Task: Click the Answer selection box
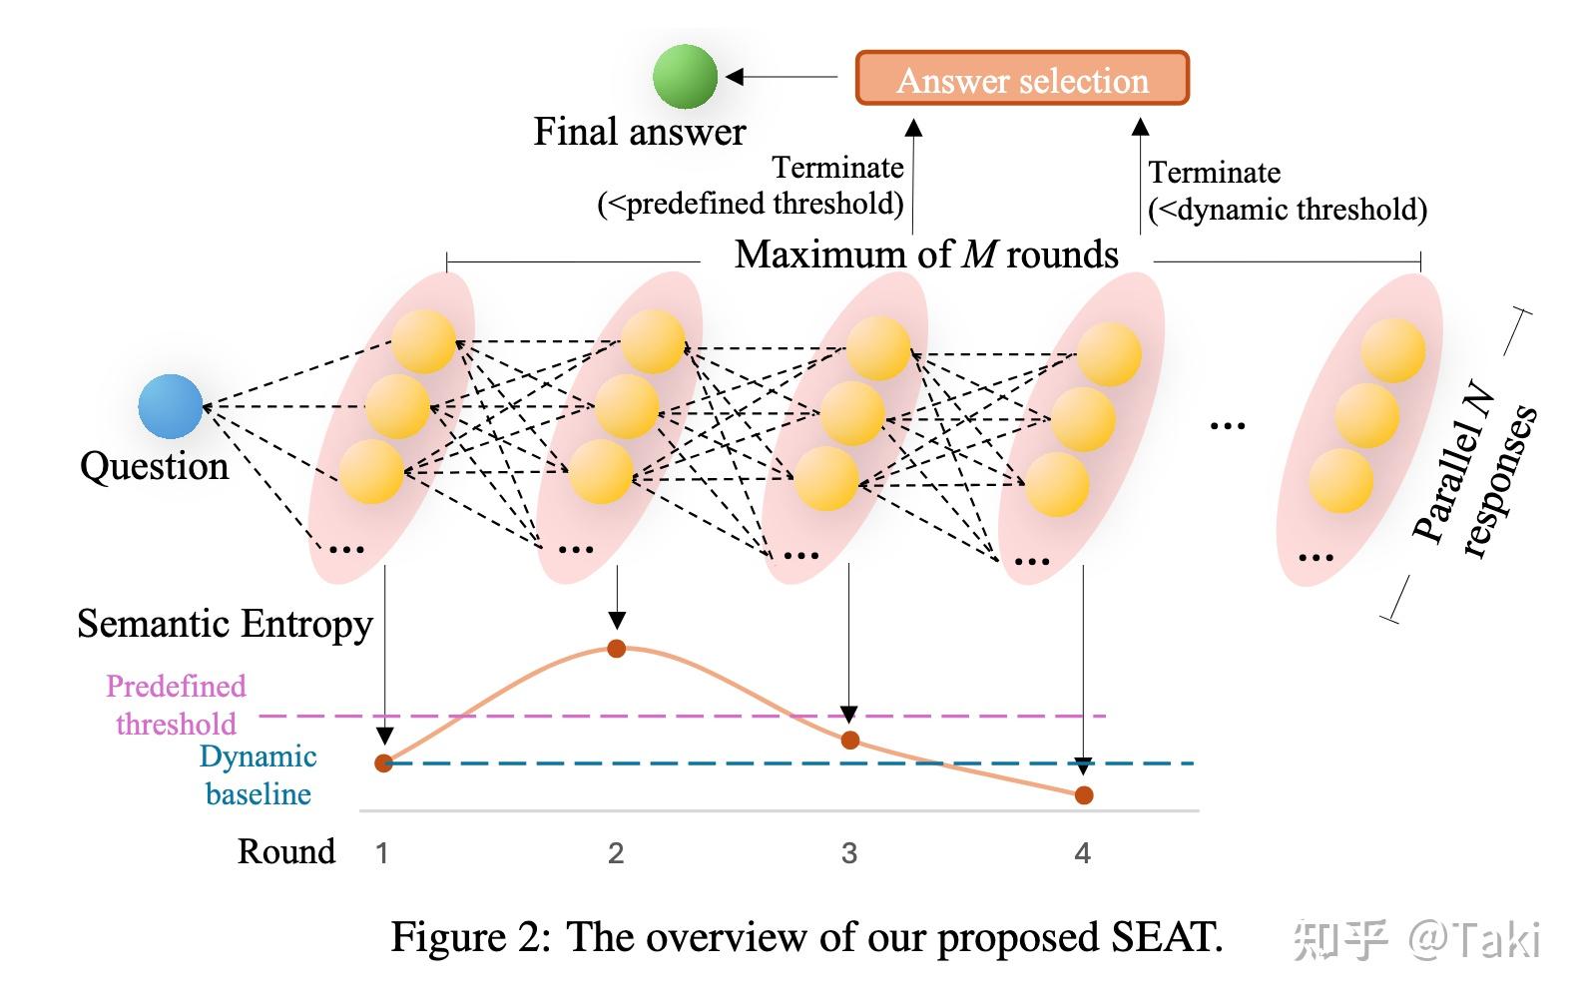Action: coord(1022,79)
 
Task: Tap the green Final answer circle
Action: coord(685,76)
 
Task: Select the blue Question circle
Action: coord(170,406)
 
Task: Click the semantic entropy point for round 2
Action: coord(616,649)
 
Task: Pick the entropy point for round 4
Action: coord(1084,795)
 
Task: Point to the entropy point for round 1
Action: coord(383,763)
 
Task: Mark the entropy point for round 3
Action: coord(849,740)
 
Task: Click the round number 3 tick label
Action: coord(848,853)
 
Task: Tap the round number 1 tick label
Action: coord(381,853)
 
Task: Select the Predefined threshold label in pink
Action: coord(176,705)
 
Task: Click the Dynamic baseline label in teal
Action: coord(259,774)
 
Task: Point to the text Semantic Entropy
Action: coord(225,624)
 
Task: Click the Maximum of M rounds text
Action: coord(925,255)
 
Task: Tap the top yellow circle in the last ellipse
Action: coord(1393,349)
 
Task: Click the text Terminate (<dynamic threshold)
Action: coord(1287,191)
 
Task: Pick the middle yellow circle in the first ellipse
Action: coord(397,406)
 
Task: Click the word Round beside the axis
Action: coord(285,851)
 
